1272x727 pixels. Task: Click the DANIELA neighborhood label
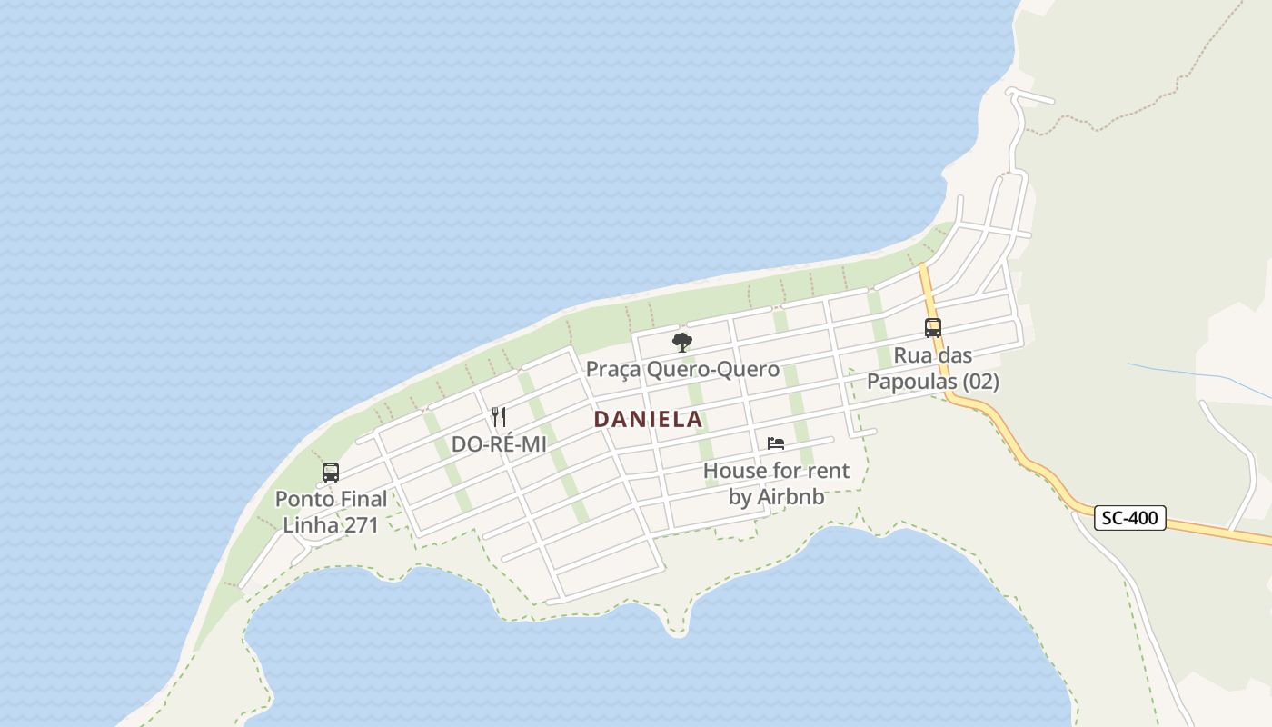point(648,419)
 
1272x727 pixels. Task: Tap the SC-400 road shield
point(1129,518)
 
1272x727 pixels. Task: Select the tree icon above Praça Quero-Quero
point(681,343)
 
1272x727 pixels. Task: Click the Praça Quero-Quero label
point(682,369)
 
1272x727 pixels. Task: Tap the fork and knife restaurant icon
point(498,417)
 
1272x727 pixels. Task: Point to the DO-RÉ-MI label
point(498,445)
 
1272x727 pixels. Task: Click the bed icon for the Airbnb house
point(775,443)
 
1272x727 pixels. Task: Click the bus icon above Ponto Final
point(331,473)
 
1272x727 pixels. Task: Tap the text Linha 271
point(331,524)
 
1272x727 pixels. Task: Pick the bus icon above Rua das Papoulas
point(932,328)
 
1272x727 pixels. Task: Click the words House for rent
point(777,471)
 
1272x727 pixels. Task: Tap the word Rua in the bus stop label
point(913,355)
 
